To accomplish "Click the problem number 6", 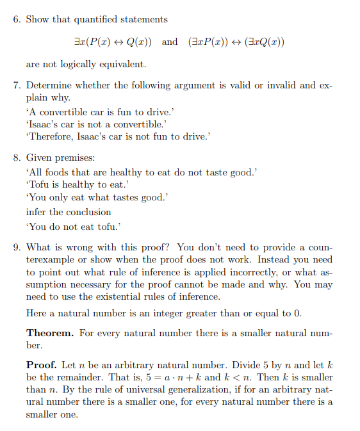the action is pos(17,19).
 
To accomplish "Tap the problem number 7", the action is pos(17,85).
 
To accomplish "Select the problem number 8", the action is pos(17,157).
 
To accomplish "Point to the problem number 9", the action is pos(17,247).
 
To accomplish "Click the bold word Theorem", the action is pos(49,333).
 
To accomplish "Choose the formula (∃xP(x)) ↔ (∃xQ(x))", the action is pos(236,42).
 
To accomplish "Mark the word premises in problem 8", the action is pos(78,158).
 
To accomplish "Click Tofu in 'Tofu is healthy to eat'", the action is pos(39,184).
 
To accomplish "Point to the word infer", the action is pos(35,212).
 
